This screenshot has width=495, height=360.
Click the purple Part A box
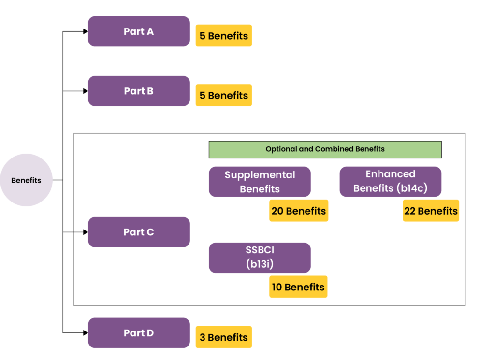click(139, 31)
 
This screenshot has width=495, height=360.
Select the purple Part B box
click(139, 91)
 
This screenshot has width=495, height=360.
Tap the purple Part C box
click(139, 232)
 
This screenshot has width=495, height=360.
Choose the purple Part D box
click(139, 333)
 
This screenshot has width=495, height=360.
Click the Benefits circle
click(26, 180)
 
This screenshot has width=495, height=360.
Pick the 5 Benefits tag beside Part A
click(223, 36)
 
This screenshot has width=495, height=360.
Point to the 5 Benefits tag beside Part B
click(223, 96)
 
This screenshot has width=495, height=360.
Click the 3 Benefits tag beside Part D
click(223, 337)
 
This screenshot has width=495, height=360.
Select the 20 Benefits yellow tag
click(298, 211)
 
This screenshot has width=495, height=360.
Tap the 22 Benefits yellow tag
click(431, 211)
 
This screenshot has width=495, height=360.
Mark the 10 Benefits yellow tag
click(298, 287)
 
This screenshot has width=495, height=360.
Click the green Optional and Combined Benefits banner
click(325, 149)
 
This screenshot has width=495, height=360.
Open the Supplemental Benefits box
click(260, 182)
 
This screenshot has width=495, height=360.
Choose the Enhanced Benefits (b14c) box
click(390, 181)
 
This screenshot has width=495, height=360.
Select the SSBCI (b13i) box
click(260, 258)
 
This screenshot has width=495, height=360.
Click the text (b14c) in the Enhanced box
click(412, 188)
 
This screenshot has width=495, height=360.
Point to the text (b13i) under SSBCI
click(260, 264)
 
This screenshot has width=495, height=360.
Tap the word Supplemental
click(260, 175)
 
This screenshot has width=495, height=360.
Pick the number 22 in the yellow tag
click(409, 211)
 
